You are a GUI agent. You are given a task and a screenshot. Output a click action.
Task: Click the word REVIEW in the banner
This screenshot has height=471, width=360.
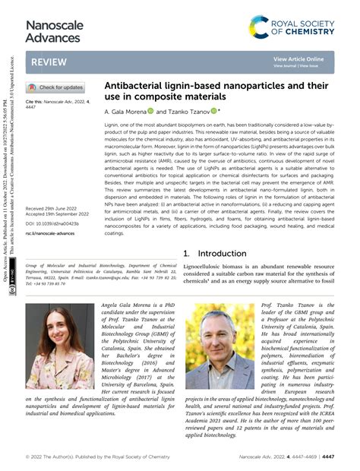point(49,62)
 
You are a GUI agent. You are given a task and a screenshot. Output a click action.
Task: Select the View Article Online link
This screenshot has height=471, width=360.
point(298,59)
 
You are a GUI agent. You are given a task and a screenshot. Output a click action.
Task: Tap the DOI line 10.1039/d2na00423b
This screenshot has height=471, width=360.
point(56,223)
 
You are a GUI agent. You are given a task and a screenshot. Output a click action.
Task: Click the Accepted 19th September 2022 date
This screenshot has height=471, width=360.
point(64,214)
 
